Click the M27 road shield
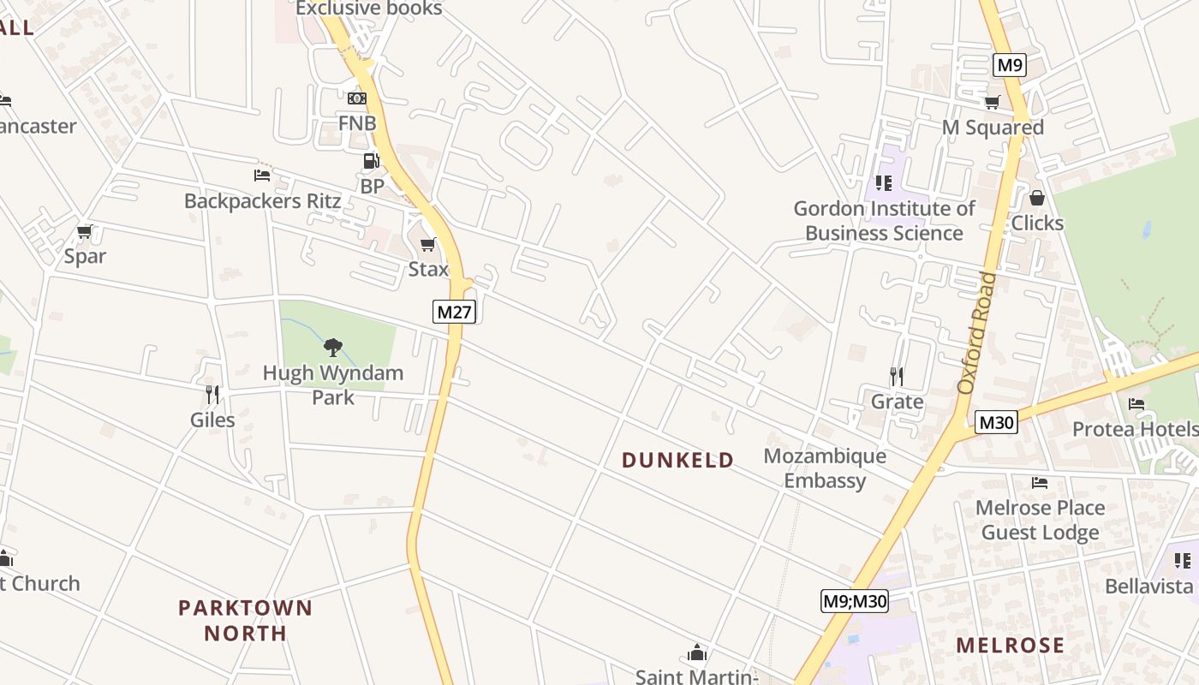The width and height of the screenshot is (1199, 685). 454,312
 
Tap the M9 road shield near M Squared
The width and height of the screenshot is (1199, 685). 1010,65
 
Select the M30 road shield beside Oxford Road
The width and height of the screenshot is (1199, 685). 996,422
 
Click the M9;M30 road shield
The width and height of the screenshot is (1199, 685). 854,601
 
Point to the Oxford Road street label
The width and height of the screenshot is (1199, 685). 978,334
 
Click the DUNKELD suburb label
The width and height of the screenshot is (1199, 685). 677,461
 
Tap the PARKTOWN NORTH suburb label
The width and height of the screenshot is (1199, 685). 245,621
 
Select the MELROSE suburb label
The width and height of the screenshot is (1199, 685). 1011,646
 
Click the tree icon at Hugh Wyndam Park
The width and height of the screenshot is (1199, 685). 333,348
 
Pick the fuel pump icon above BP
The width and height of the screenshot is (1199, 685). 371,160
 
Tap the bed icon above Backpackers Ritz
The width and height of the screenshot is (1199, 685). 262,176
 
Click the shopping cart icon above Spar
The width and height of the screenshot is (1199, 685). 84,231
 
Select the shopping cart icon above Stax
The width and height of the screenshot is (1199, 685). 428,245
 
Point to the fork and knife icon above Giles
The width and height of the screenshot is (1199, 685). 212,394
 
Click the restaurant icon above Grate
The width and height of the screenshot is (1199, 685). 897,376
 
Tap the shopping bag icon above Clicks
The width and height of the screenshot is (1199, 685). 1037,198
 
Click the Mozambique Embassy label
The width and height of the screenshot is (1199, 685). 825,468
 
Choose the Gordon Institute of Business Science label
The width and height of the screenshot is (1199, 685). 884,221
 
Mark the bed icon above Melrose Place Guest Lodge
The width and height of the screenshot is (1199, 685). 1040,483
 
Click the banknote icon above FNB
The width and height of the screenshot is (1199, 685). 357,98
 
